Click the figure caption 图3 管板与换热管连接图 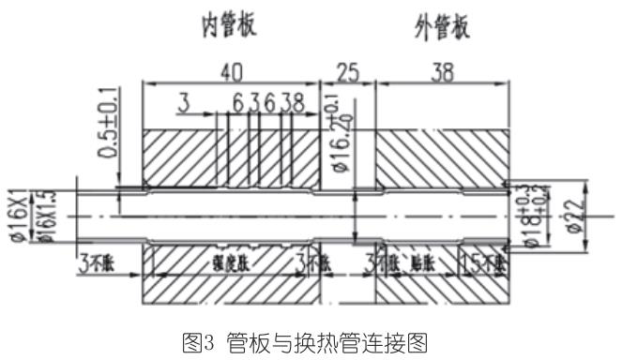310,338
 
